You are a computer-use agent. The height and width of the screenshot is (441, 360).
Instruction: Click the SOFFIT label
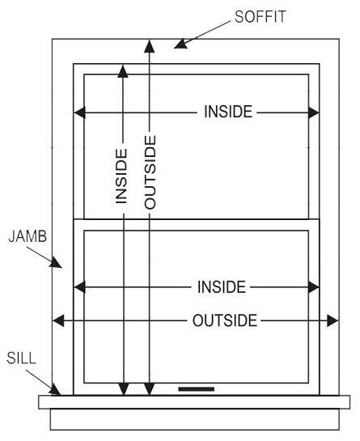pyautogui.click(x=260, y=17)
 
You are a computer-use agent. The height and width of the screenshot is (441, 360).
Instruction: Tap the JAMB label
pyautogui.click(x=28, y=236)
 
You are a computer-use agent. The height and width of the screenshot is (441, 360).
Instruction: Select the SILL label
pyautogui.click(x=21, y=358)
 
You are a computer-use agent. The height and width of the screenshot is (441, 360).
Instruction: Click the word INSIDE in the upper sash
pyautogui.click(x=228, y=112)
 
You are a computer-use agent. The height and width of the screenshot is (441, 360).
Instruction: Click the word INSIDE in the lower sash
pyautogui.click(x=222, y=287)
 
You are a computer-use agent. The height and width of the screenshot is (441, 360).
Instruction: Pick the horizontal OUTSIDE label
pyautogui.click(x=225, y=320)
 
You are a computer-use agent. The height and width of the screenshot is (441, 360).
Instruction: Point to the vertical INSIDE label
pyautogui.click(x=122, y=176)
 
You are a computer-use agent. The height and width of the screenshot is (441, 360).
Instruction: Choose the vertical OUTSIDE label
pyautogui.click(x=150, y=172)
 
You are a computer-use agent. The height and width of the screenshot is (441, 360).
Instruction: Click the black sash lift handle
pyautogui.click(x=197, y=389)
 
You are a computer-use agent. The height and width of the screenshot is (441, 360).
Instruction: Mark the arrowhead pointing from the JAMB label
pyautogui.click(x=56, y=262)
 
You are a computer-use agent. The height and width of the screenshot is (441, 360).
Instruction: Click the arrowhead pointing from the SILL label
pyautogui.click(x=55, y=390)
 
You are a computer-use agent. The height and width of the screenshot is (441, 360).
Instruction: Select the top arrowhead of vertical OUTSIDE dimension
pyautogui.click(x=150, y=46)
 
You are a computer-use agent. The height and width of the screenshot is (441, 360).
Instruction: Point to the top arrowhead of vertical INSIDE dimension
pyautogui.click(x=123, y=71)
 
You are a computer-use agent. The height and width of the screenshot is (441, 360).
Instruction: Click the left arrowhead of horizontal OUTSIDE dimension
pyautogui.click(x=58, y=320)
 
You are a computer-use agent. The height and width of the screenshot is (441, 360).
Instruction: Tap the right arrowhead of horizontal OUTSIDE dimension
pyautogui.click(x=332, y=320)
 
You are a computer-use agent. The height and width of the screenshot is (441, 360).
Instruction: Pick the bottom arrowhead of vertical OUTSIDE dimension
pyautogui.click(x=150, y=389)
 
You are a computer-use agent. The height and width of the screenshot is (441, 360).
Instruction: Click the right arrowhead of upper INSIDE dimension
pyautogui.click(x=314, y=112)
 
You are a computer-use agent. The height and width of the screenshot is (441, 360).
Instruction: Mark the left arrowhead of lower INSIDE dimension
pyautogui.click(x=79, y=287)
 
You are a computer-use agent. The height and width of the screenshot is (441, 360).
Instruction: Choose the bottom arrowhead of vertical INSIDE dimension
pyautogui.click(x=124, y=389)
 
